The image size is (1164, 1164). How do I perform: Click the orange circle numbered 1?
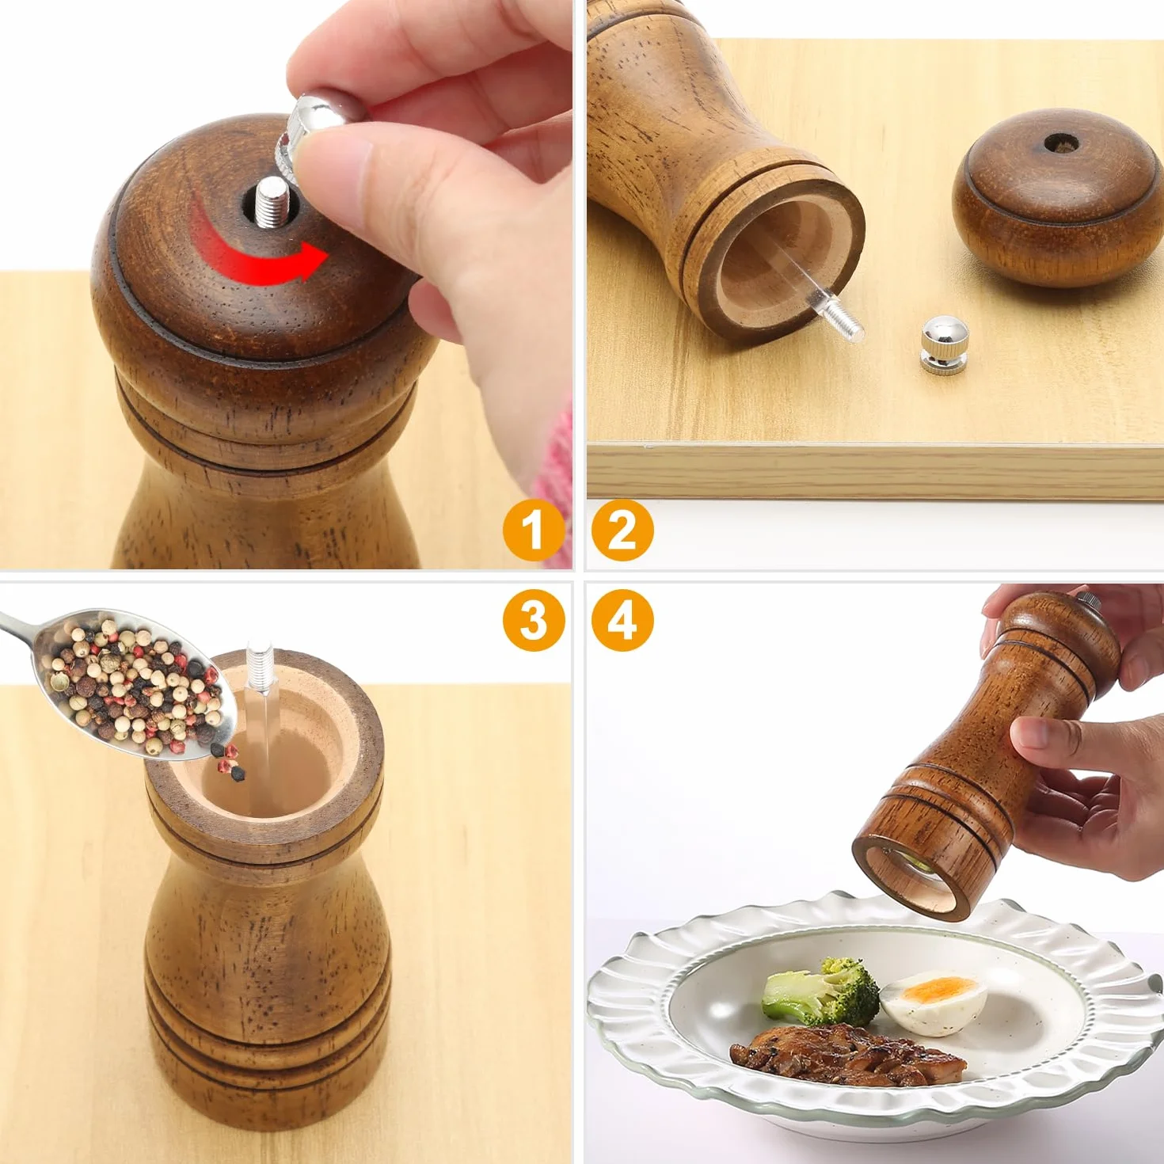[x=534, y=531]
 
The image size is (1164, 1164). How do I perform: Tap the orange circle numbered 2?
[x=622, y=531]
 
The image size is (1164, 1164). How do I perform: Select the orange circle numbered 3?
[x=534, y=620]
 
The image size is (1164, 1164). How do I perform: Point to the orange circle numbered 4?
[x=622, y=620]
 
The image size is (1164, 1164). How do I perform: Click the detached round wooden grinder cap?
[x=1057, y=197]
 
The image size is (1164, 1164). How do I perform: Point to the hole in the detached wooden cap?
[x=1061, y=144]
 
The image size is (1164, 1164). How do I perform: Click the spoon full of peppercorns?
[x=121, y=683]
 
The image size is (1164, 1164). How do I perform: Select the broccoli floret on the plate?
[x=820, y=991]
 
